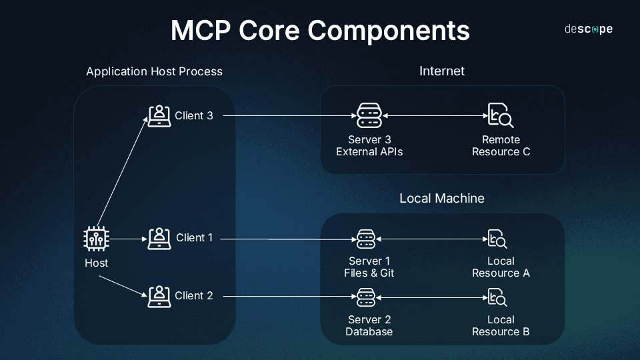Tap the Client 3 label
(x=194, y=115)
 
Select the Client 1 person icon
(x=159, y=238)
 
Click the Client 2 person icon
(x=159, y=296)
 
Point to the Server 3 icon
(x=369, y=116)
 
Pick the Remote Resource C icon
(x=500, y=116)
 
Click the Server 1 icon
(x=366, y=239)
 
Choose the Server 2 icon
(x=366, y=297)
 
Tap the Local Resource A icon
(x=497, y=239)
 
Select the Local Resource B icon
(x=497, y=297)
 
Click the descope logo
(x=588, y=29)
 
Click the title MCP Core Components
(x=320, y=31)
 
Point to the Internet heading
(x=441, y=71)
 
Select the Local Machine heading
(x=441, y=199)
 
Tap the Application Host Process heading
(x=154, y=71)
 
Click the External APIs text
(x=369, y=152)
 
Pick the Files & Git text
(x=369, y=273)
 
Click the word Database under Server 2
(x=369, y=331)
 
